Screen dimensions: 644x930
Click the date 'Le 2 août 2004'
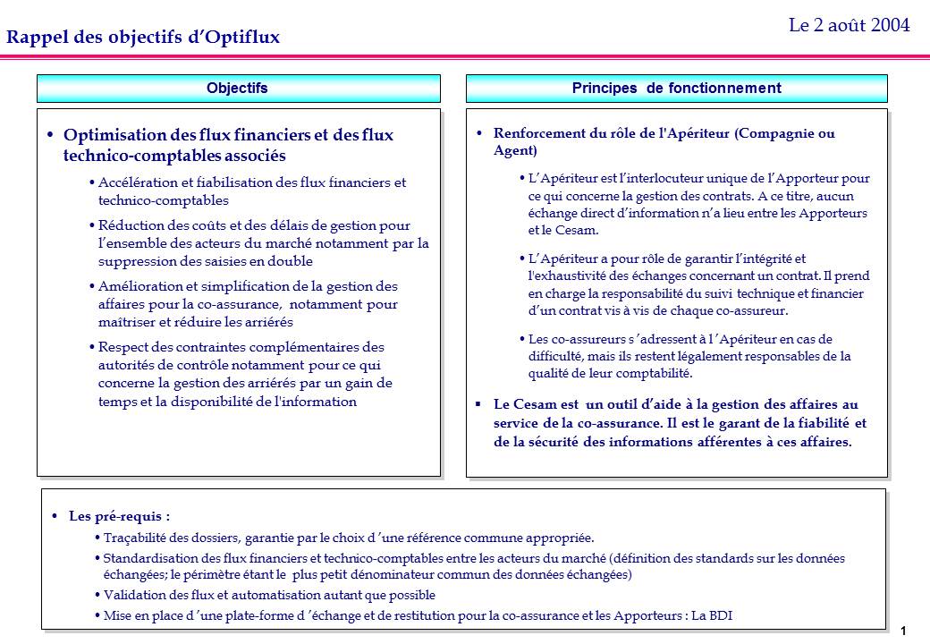(x=849, y=25)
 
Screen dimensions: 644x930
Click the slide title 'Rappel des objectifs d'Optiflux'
(x=143, y=37)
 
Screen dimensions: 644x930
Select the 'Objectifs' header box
(x=237, y=88)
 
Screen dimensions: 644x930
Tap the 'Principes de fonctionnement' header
(x=676, y=88)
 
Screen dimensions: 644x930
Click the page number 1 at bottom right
(x=904, y=631)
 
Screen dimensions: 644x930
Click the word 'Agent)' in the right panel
(x=515, y=150)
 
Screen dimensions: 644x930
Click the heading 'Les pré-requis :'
(x=119, y=516)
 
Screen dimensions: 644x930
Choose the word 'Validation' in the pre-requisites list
(x=132, y=594)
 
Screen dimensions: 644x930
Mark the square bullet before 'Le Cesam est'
(x=478, y=404)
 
